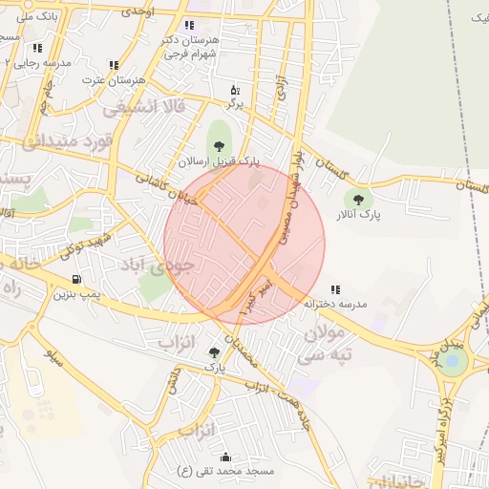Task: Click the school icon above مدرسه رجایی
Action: pos(37,47)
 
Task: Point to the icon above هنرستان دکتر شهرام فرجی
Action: pos(189,25)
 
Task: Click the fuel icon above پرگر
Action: pos(235,90)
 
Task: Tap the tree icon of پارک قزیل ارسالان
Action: pos(220,146)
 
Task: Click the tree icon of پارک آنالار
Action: pos(358,200)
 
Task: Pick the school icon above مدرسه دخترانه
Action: pos(334,288)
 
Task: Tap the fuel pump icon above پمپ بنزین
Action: pos(74,280)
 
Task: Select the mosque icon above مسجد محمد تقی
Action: pos(225,457)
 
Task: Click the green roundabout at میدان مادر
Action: pos(455,361)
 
